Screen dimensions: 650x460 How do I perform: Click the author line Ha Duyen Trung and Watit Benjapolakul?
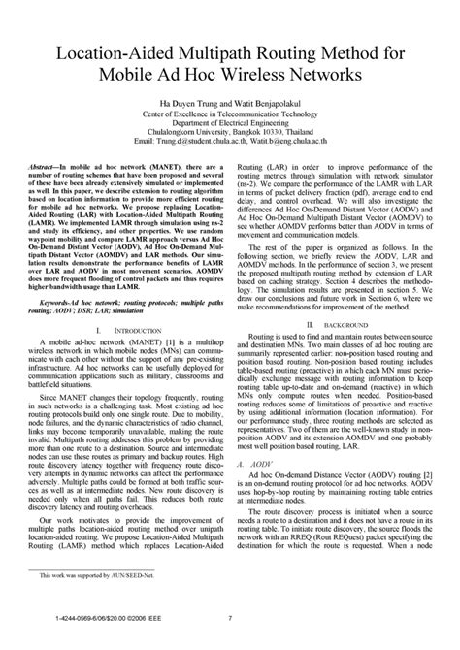coord(230,103)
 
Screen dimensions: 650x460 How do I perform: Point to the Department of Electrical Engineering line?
coord(230,123)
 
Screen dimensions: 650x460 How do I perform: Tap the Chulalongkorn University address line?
coord(230,133)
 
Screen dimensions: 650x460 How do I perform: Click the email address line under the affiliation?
coord(230,144)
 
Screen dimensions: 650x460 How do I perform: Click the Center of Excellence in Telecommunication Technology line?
coord(230,114)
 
